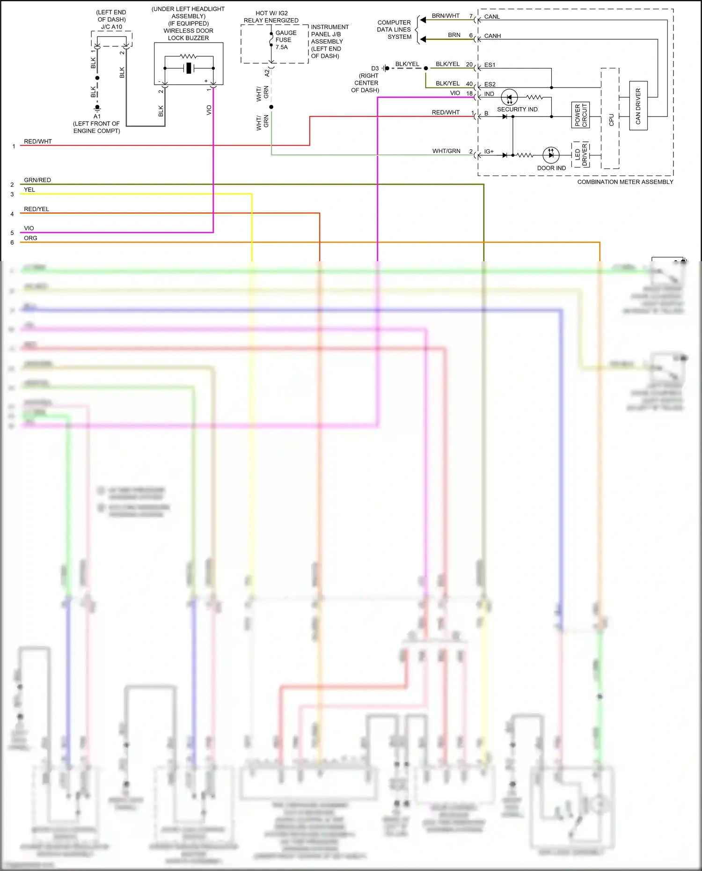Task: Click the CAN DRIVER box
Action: pyautogui.click(x=638, y=106)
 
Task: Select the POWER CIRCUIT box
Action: pyautogui.click(x=580, y=115)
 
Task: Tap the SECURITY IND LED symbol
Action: pyautogui.click(x=509, y=98)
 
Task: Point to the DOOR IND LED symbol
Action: pyautogui.click(x=551, y=154)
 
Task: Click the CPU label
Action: pyautogui.click(x=611, y=120)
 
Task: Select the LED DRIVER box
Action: pyautogui.click(x=580, y=155)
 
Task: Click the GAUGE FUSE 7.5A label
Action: pyautogui.click(x=285, y=40)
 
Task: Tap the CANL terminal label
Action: pyautogui.click(x=492, y=17)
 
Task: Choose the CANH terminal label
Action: pyautogui.click(x=492, y=36)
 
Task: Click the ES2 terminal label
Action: pyautogui.click(x=490, y=85)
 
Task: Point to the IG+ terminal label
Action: pyautogui.click(x=489, y=152)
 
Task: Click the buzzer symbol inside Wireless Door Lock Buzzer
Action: pyautogui.click(x=189, y=68)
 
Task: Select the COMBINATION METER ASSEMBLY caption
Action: pyautogui.click(x=625, y=182)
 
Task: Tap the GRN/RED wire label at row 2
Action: pyautogui.click(x=37, y=180)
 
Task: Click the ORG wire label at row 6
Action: pyautogui.click(x=30, y=238)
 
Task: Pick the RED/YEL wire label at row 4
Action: pyautogui.click(x=37, y=209)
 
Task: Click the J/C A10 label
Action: pyautogui.click(x=111, y=27)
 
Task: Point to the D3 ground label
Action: pyautogui.click(x=375, y=68)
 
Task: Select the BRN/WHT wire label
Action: pyautogui.click(x=445, y=16)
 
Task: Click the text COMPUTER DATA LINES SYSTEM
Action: pyautogui.click(x=394, y=29)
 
